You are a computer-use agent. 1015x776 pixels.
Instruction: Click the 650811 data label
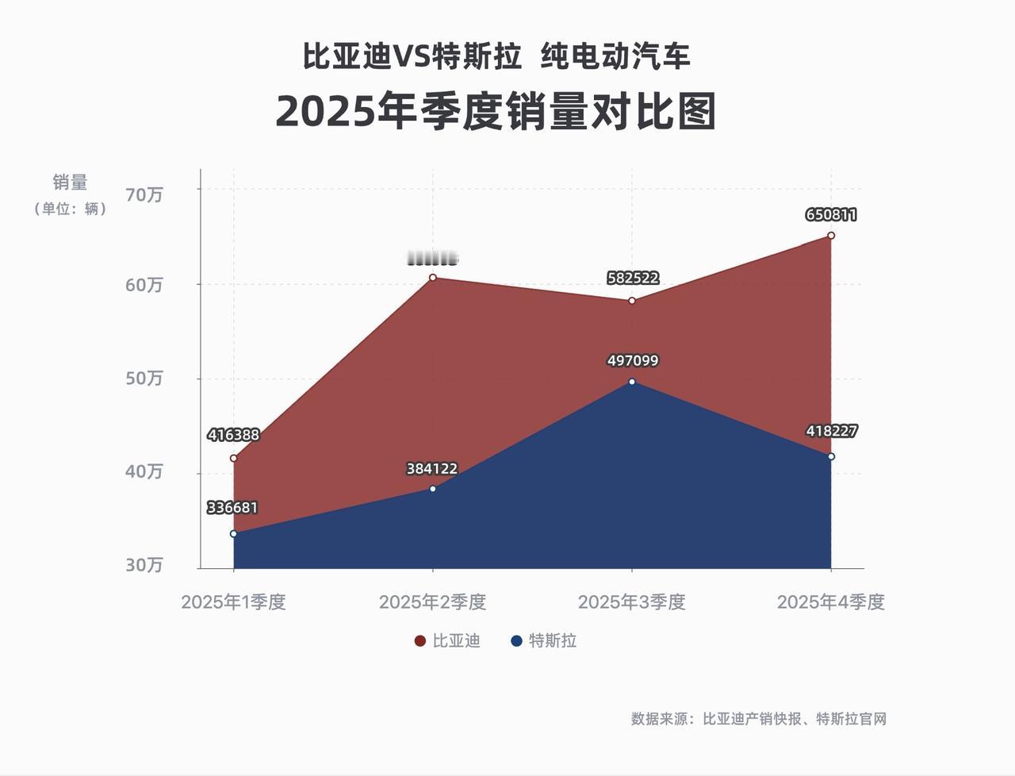(831, 215)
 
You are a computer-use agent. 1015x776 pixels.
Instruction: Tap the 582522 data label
(633, 278)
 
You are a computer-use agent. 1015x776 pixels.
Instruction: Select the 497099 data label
(633, 361)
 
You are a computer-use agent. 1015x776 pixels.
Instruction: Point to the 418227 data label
(832, 431)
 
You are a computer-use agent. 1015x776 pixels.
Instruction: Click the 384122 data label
(432, 469)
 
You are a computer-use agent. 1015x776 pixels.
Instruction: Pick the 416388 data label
(233, 435)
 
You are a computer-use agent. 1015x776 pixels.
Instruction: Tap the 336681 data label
(232, 508)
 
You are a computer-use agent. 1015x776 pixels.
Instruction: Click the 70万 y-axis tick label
(144, 194)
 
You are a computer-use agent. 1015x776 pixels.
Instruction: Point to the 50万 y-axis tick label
(144, 378)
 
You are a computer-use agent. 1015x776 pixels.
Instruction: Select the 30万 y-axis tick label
(144, 564)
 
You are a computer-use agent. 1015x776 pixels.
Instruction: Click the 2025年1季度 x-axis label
(233, 601)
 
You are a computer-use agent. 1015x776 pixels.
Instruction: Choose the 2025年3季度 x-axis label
(631, 601)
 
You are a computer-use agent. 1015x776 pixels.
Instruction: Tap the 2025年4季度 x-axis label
(830, 601)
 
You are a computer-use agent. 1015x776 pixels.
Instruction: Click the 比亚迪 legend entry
(448, 640)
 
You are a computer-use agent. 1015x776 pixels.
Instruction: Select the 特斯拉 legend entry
(544, 640)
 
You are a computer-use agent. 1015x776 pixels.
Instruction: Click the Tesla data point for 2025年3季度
(632, 382)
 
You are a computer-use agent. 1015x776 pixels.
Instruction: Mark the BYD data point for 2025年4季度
(831, 236)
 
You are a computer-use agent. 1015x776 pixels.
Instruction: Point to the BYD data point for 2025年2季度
(432, 278)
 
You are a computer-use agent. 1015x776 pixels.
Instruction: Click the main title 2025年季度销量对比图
(496, 112)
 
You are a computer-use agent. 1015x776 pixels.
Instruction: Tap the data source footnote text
(758, 719)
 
